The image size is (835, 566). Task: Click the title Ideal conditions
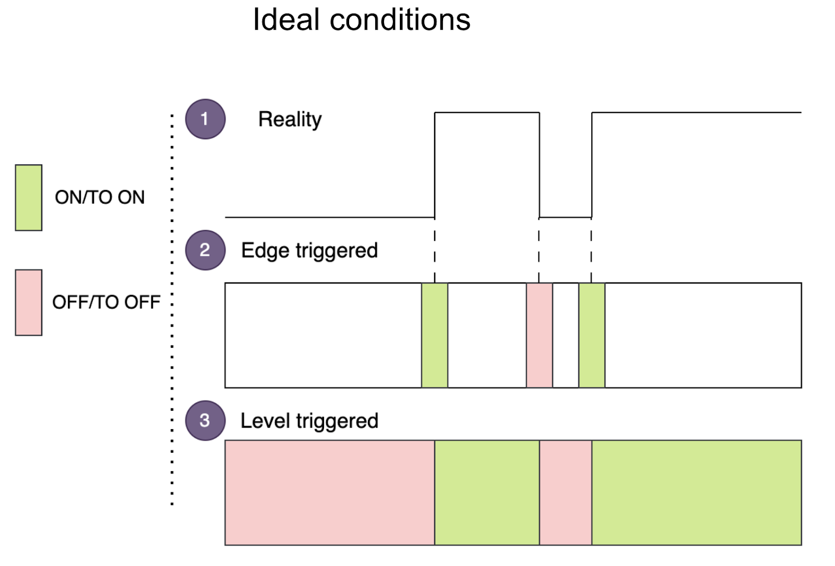(361, 20)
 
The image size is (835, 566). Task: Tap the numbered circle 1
(205, 119)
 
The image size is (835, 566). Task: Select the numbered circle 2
(205, 250)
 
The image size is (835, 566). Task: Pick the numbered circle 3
(205, 420)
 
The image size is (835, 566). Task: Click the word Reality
(290, 120)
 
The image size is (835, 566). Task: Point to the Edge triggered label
(309, 251)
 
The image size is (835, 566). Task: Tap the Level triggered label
(309, 421)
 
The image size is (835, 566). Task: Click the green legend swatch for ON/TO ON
(29, 197)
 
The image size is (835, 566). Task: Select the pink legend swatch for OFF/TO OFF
(29, 302)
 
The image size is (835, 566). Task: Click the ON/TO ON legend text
(100, 197)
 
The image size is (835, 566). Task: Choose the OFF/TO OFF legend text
(106, 302)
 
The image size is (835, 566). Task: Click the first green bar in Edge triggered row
(434, 335)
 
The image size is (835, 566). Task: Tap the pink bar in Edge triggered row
(539, 335)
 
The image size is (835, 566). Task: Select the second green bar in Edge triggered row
(592, 335)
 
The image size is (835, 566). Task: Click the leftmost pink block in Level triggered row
(329, 492)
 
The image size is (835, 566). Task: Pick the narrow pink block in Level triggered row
(566, 492)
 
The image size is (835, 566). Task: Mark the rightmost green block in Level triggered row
(696, 492)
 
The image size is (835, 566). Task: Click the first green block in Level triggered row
(487, 492)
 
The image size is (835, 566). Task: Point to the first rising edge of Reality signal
(435, 164)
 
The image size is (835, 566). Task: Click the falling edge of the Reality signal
(539, 164)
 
